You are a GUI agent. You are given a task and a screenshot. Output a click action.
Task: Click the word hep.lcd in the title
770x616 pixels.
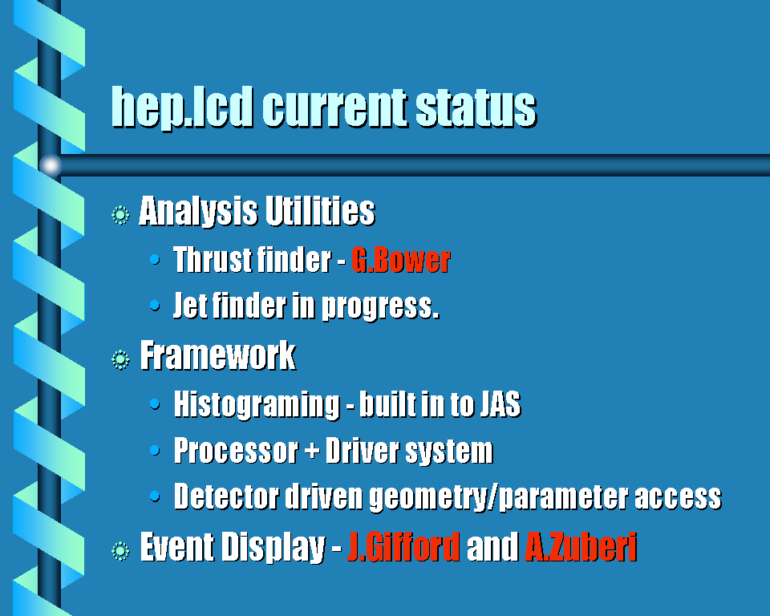182,107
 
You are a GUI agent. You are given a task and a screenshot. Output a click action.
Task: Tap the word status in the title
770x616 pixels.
476,107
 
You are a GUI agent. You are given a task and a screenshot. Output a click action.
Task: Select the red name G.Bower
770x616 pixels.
401,259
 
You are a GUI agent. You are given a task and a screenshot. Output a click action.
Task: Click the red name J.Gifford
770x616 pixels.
403,546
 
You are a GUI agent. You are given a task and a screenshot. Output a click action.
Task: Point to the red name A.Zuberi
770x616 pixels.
581,546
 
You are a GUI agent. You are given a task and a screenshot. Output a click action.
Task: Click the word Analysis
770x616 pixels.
198,212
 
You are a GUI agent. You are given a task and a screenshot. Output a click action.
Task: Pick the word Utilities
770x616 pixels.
320,211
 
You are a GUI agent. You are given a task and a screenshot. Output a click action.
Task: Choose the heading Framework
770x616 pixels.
218,355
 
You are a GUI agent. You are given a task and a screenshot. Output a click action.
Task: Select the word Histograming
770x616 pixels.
257,404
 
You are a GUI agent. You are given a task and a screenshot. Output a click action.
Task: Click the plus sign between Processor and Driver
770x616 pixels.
312,451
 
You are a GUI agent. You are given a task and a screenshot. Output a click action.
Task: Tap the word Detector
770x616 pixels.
226,496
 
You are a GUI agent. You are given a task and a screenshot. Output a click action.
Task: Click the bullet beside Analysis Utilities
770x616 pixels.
120,215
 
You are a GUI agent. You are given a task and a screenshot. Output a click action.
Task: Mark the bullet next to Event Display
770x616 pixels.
120,551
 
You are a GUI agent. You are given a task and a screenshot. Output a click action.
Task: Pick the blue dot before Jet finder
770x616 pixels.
155,306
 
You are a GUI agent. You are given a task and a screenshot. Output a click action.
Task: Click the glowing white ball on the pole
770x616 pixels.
50,165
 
